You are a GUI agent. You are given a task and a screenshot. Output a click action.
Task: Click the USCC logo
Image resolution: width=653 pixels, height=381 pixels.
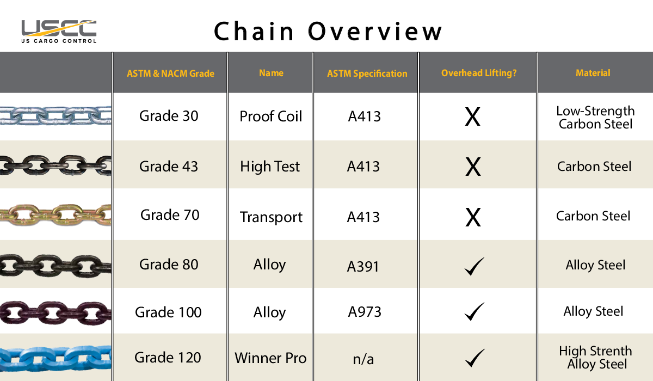pyautogui.click(x=58, y=31)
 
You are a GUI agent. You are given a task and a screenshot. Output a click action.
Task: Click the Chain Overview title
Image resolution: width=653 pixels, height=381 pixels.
pyautogui.click(x=328, y=31)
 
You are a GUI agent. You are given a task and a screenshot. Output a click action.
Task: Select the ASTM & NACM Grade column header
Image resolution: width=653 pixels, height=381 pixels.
pyautogui.click(x=170, y=73)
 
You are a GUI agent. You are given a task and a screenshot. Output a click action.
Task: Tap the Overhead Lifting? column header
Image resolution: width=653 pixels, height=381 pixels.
pyautogui.click(x=479, y=73)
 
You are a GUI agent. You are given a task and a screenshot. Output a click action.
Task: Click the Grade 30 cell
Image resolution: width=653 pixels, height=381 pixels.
pyautogui.click(x=169, y=116)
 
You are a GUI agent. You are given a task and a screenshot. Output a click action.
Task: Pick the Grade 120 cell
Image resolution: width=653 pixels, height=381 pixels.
pyautogui.click(x=168, y=358)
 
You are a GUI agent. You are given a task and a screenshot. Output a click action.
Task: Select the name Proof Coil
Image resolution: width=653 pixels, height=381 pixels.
pyautogui.click(x=271, y=116)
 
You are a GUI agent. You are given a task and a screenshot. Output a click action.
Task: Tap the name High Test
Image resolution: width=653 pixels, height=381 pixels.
pyautogui.click(x=270, y=167)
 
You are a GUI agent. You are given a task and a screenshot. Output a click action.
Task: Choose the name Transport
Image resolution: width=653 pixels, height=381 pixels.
pyautogui.click(x=271, y=217)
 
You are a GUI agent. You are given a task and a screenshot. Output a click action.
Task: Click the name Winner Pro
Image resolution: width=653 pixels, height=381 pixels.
pyautogui.click(x=270, y=358)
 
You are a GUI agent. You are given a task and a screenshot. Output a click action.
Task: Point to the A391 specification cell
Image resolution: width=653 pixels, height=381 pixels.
pyautogui.click(x=363, y=267)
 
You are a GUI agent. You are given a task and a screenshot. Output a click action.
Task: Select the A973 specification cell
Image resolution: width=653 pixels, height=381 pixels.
pyautogui.click(x=365, y=312)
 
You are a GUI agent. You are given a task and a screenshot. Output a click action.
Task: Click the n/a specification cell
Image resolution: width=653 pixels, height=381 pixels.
pyautogui.click(x=364, y=359)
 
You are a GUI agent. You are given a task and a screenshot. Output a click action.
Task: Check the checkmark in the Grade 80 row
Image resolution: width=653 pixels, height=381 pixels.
pyautogui.click(x=474, y=267)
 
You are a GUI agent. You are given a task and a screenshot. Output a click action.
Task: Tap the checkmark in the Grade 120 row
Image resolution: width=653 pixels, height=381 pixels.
pyautogui.click(x=474, y=358)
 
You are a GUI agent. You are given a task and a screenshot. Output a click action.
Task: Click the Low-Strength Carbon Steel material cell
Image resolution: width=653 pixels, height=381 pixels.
pyautogui.click(x=595, y=118)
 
